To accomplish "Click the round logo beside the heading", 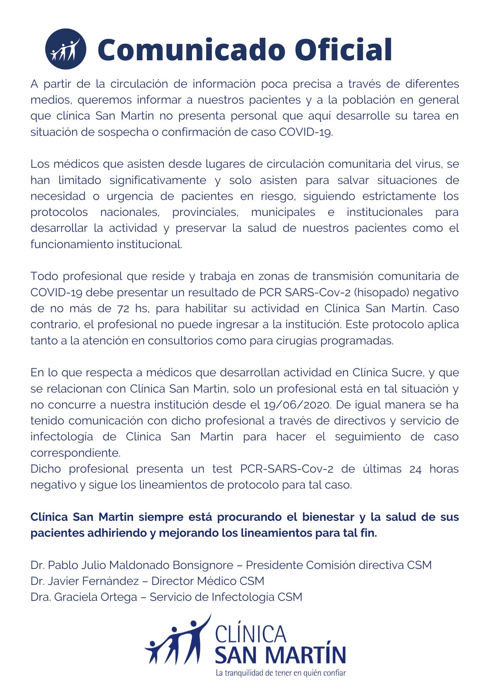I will (x=65, y=49).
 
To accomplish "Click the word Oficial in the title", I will (x=344, y=50).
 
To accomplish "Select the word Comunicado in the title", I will (x=192, y=50).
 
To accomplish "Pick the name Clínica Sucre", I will (x=388, y=372).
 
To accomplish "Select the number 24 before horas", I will (x=415, y=469).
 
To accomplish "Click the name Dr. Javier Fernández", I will (x=85, y=581).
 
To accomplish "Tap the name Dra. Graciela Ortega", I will (x=84, y=597).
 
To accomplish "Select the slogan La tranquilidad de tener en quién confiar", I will (x=281, y=673).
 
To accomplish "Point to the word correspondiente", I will (x=76, y=453).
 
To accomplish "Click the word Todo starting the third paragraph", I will (x=44, y=276).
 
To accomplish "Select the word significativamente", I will (x=158, y=180).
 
